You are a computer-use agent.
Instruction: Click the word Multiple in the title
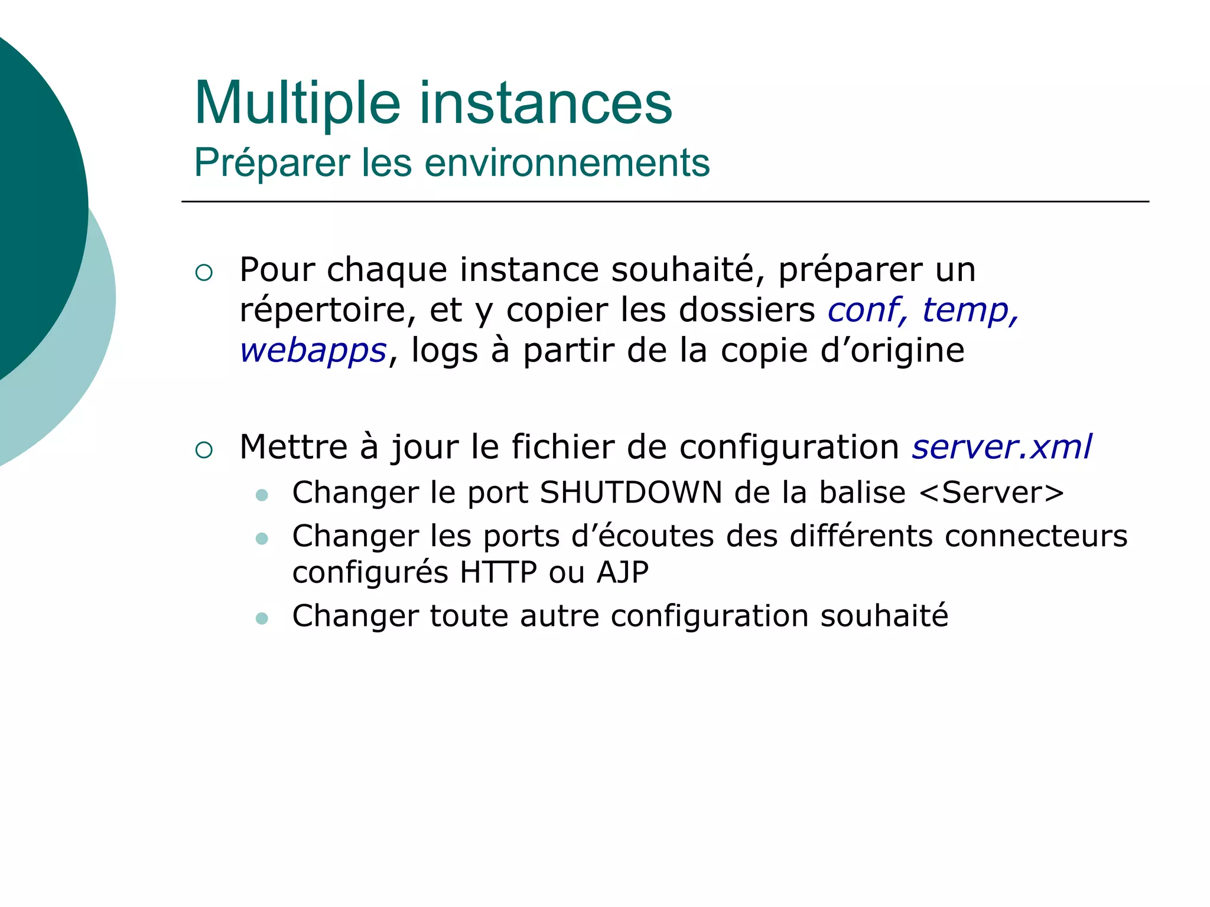(297, 104)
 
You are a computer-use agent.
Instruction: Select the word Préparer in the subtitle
(272, 163)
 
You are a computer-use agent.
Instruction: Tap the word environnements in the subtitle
(567, 163)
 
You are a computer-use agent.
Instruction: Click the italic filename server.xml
(1001, 446)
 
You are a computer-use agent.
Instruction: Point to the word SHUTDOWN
(630, 492)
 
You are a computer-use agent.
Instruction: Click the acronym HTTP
(499, 572)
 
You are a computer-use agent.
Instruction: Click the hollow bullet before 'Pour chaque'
(204, 273)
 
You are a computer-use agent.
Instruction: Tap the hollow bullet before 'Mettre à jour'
(204, 451)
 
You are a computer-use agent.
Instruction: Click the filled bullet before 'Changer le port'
(262, 495)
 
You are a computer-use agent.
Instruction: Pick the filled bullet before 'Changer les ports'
(262, 539)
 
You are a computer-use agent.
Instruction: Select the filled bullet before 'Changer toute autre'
(262, 618)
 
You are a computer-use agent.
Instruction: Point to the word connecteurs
(1036, 536)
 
